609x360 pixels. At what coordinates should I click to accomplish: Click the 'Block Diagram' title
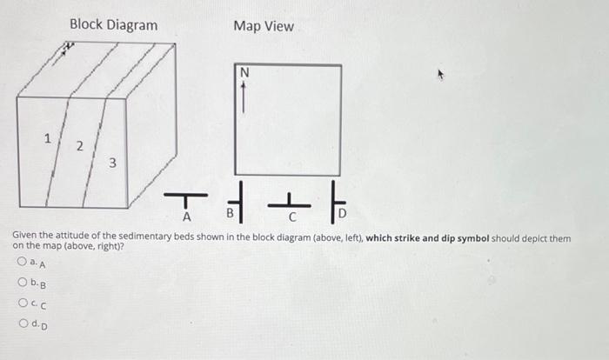[x=113, y=25]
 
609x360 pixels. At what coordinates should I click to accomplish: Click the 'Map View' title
[x=264, y=26]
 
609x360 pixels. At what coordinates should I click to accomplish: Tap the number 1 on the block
[x=49, y=137]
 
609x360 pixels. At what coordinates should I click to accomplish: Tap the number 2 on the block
[x=79, y=147]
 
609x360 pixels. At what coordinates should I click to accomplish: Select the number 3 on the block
[x=112, y=163]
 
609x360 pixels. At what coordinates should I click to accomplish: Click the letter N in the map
[x=244, y=74]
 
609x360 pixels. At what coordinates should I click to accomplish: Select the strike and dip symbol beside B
[x=240, y=206]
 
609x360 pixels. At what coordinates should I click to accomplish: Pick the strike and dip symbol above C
[x=283, y=205]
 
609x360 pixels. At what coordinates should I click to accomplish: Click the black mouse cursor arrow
[x=441, y=77]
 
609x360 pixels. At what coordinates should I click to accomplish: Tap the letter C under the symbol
[x=293, y=217]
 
